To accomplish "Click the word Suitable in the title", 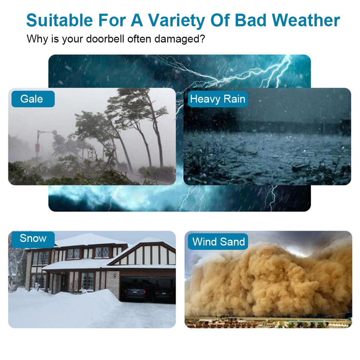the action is [60, 20].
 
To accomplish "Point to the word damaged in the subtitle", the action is [177, 39].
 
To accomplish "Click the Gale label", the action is [33, 99].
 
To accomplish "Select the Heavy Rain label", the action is [218, 99].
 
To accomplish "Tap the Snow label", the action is [33, 239].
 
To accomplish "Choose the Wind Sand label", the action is [218, 242].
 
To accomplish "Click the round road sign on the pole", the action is [54, 132].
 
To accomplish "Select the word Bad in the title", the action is [250, 20].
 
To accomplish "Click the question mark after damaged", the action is [202, 39].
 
